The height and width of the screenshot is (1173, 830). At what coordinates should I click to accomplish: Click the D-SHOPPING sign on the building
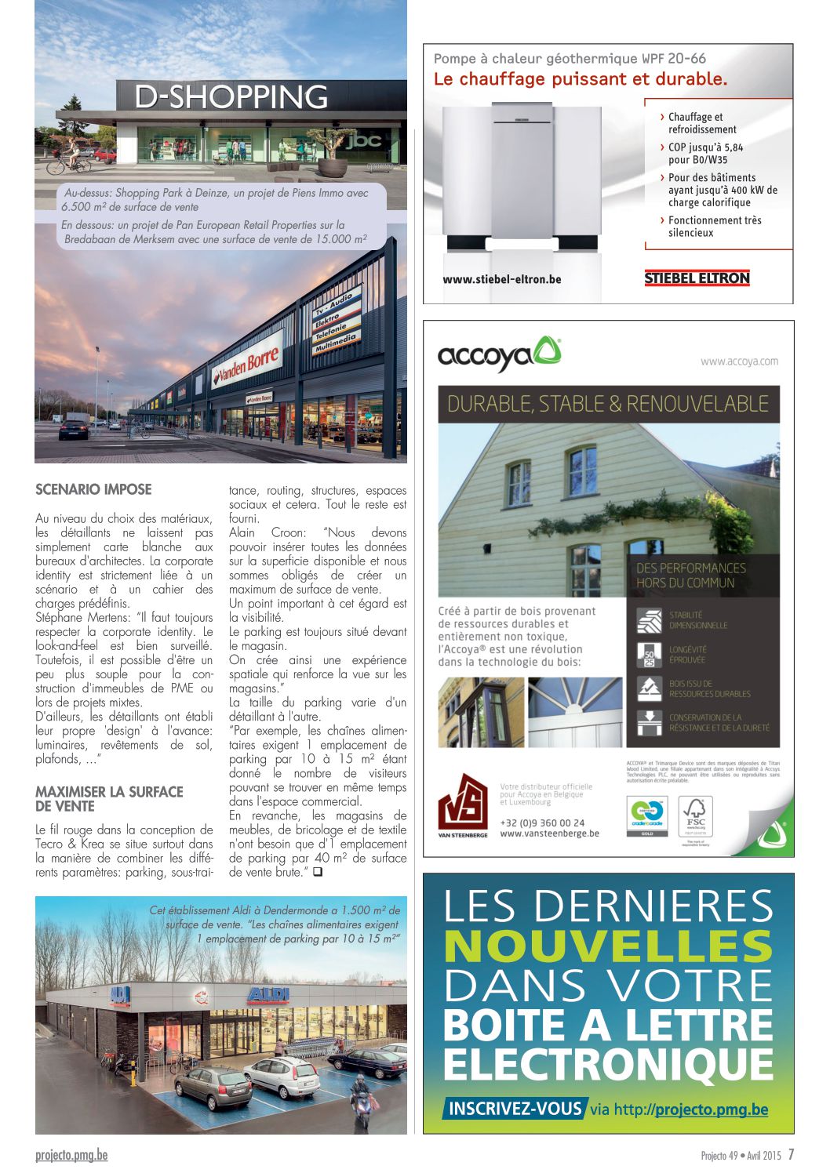[231, 96]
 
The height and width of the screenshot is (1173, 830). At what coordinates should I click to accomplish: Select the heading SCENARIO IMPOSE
[93, 489]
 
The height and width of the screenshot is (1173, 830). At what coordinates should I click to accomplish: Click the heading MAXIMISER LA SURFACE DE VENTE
[109, 799]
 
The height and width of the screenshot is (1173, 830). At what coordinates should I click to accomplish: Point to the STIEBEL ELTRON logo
[697, 278]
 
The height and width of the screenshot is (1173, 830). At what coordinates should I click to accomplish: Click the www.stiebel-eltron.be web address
[502, 279]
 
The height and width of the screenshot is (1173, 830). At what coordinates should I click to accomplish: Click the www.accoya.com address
[739, 361]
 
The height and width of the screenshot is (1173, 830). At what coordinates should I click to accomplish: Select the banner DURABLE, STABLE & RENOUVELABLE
[608, 404]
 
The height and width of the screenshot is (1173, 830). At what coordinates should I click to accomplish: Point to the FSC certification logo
[694, 815]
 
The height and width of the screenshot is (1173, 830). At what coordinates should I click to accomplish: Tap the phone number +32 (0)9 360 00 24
[542, 823]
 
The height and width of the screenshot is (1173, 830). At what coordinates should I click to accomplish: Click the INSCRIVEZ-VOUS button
[515, 1109]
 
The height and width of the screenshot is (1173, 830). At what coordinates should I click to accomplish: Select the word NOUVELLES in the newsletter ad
[608, 946]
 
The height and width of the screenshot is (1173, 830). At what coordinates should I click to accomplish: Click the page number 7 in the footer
[792, 1154]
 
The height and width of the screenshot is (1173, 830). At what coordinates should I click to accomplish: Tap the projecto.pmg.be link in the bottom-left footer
[71, 1154]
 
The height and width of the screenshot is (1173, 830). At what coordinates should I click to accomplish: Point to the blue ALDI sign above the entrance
[268, 995]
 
